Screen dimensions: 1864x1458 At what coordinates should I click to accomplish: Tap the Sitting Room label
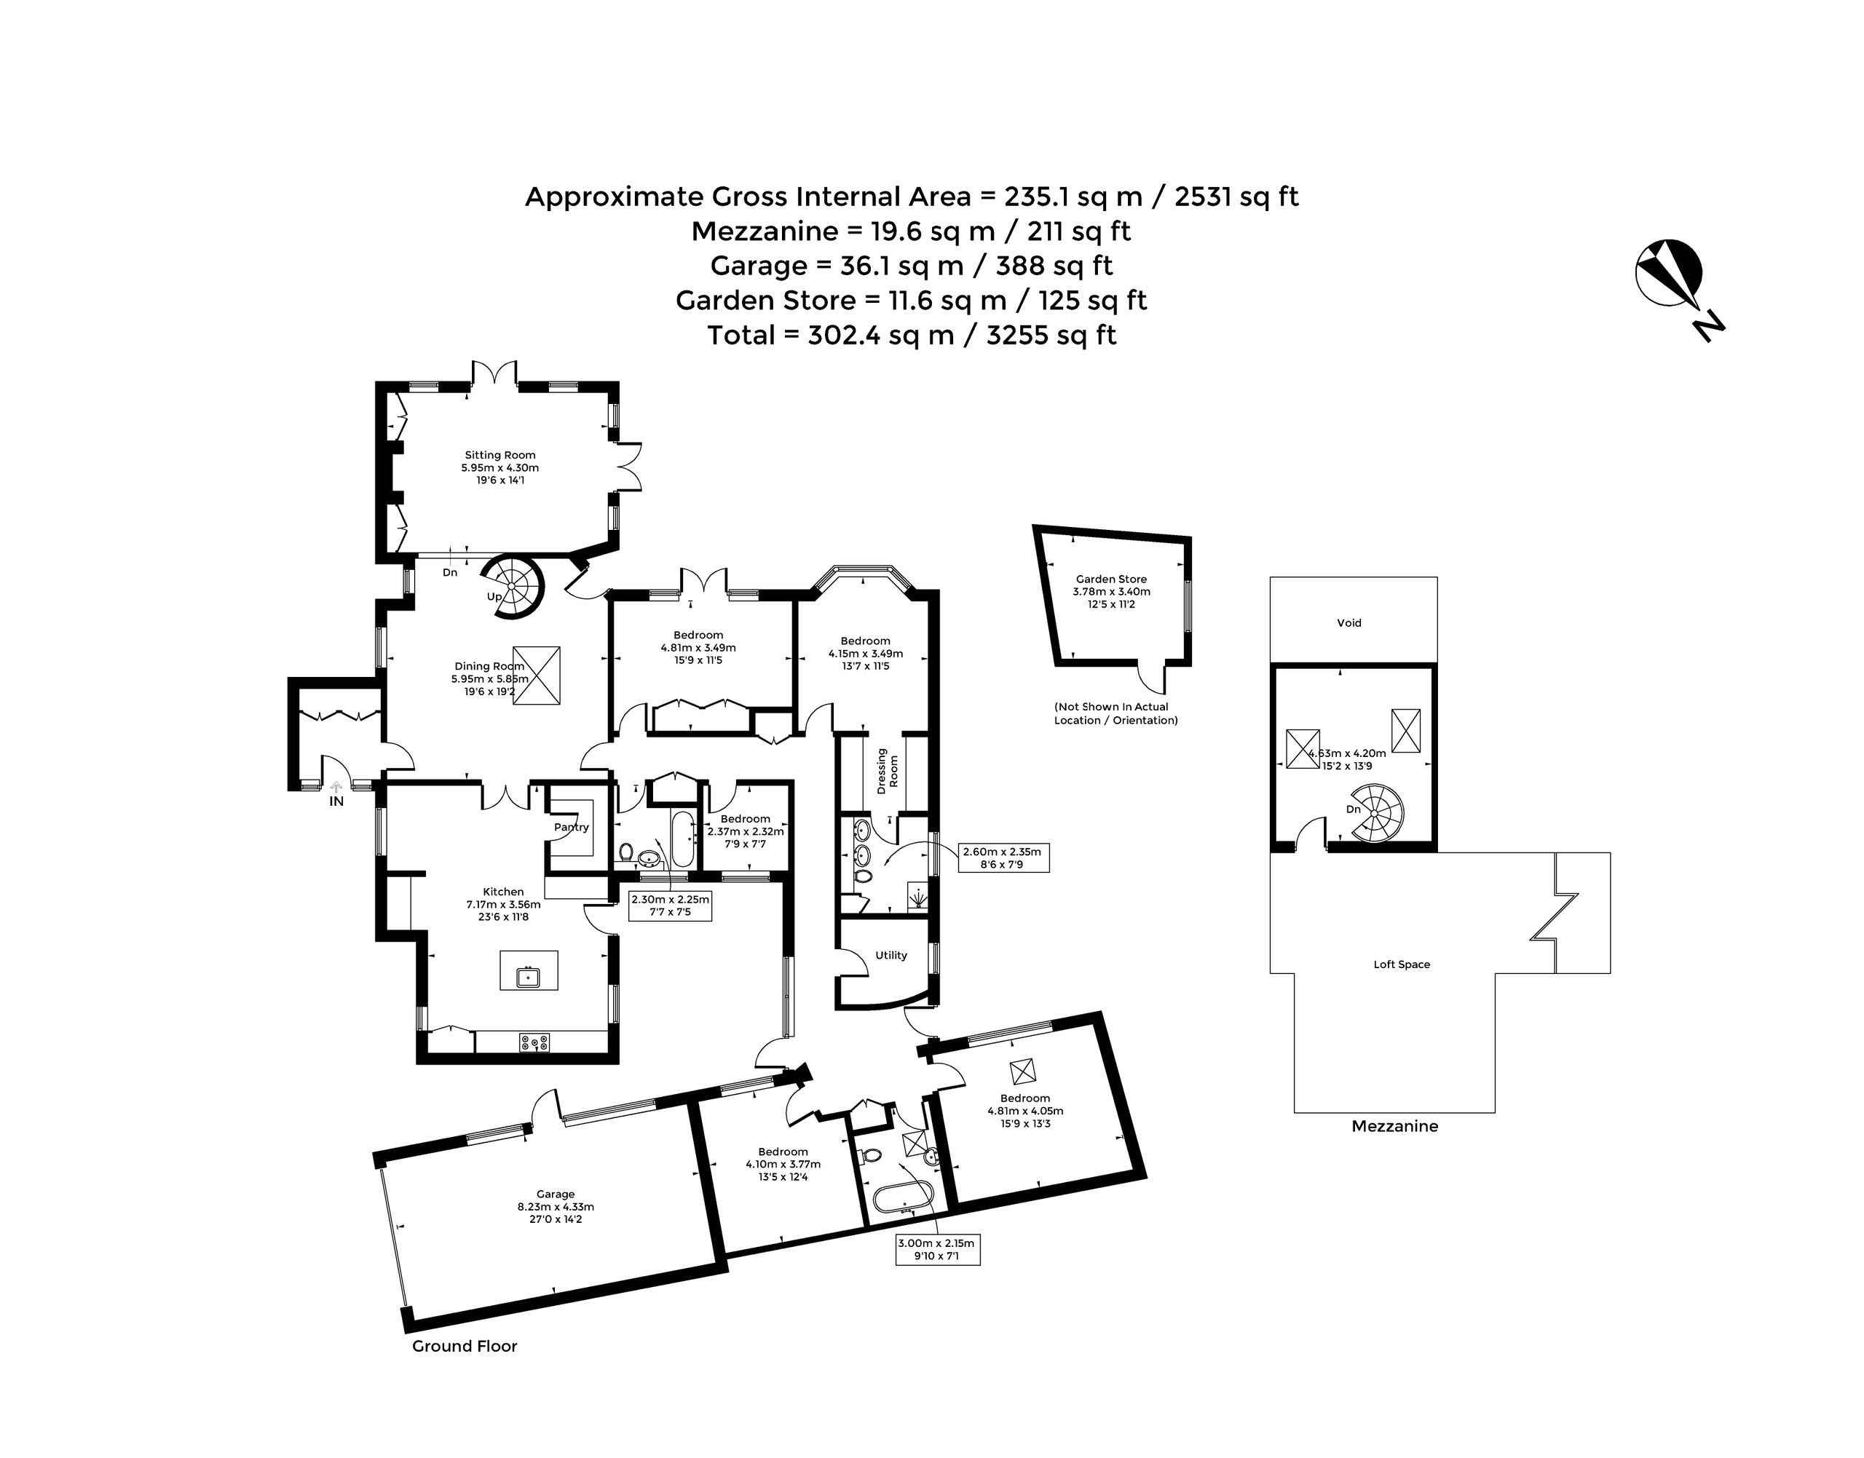click(500, 455)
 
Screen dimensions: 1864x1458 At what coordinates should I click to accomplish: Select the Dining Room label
click(489, 666)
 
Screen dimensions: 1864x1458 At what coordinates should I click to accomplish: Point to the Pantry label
click(572, 827)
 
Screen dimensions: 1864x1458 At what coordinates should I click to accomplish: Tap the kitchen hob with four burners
click(534, 1042)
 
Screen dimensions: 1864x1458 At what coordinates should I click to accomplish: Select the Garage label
click(556, 1194)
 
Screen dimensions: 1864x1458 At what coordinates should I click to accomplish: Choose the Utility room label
click(891, 955)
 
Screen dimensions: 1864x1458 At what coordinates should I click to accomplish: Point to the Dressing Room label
click(888, 772)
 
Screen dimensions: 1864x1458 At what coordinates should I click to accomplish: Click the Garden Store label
click(1112, 579)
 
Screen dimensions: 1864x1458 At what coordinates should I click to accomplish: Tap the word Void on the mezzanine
click(1349, 623)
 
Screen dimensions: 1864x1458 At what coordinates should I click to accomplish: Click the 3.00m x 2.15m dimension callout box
click(936, 1250)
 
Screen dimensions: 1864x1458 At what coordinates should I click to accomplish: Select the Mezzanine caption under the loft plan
click(1395, 1127)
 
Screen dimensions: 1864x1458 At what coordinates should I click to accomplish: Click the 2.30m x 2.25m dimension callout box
click(671, 906)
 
